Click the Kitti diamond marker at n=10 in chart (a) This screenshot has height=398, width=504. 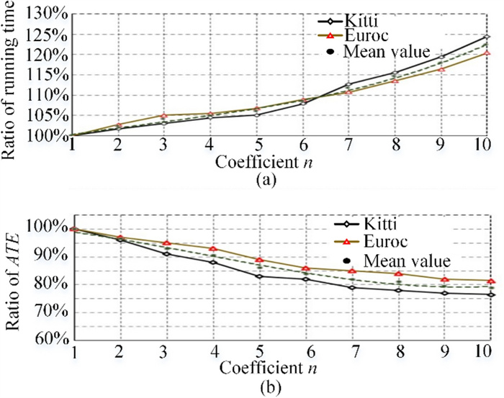click(487, 36)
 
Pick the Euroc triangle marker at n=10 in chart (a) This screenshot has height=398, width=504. click(487, 53)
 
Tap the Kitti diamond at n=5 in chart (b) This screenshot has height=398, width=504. click(258, 276)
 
